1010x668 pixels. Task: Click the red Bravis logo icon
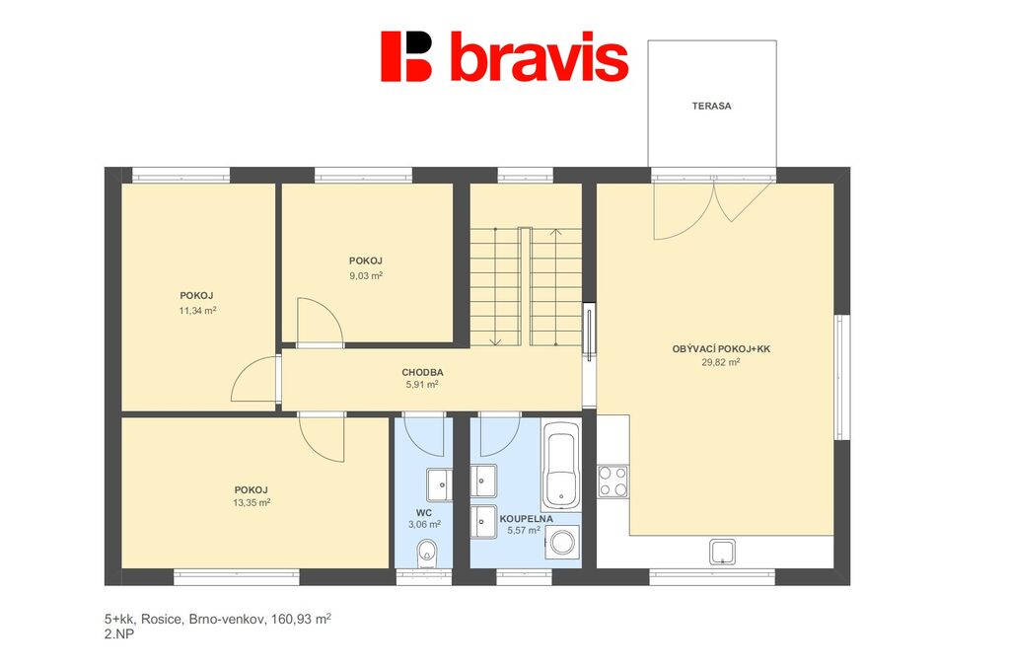point(405,56)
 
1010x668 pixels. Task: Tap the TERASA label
point(712,106)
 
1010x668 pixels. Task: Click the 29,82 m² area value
point(721,362)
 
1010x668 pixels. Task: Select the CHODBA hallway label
point(422,372)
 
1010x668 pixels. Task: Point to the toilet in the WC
point(426,553)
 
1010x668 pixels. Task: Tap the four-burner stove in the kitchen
point(613,482)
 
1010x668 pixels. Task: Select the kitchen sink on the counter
point(723,552)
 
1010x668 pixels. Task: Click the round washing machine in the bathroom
point(562,542)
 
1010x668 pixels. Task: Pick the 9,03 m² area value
point(366,275)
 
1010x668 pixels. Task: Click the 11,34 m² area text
point(197,311)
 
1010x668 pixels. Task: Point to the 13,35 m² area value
point(252,503)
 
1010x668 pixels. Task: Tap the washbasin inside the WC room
point(439,484)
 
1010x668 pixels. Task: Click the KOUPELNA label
point(527,519)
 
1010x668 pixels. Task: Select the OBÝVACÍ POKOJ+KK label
point(721,349)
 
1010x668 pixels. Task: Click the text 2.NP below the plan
point(119,633)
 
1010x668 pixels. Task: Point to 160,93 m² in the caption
point(301,619)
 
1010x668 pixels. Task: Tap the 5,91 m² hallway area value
point(422,385)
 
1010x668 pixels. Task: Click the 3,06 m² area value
point(424,524)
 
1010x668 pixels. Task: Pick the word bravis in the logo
point(540,56)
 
